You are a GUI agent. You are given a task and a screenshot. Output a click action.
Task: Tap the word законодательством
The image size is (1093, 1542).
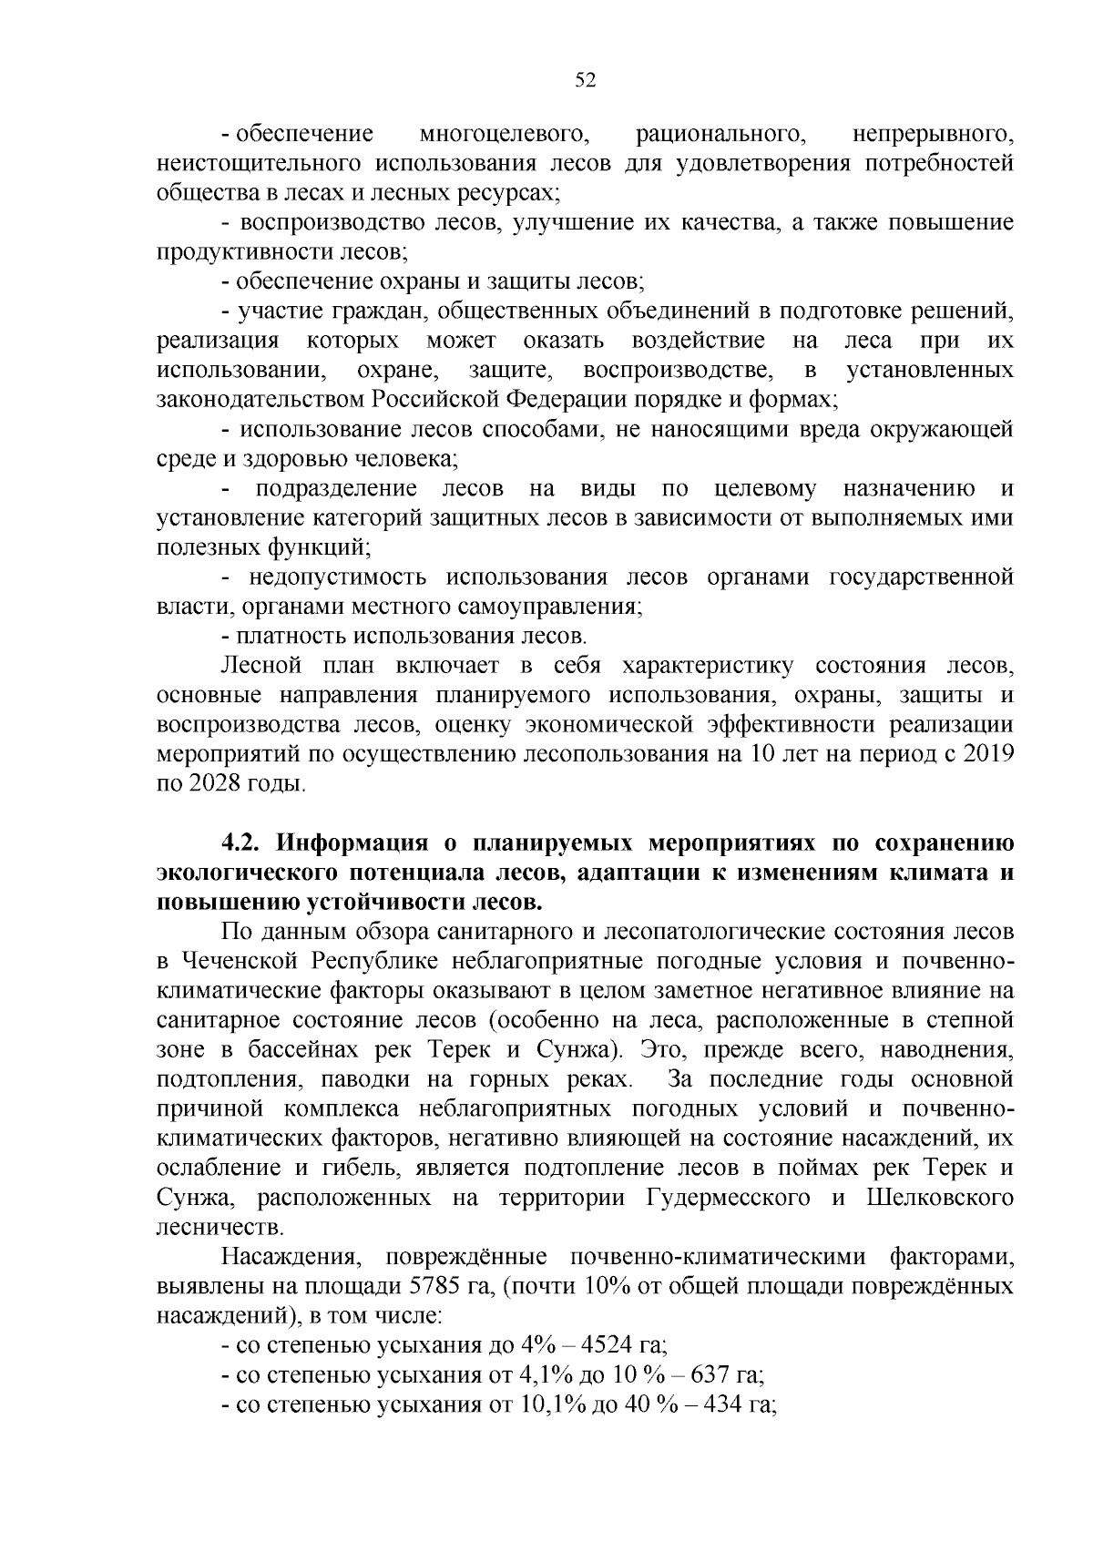click(262, 400)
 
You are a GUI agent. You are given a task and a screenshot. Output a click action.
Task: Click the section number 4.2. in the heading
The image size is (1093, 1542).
click(244, 843)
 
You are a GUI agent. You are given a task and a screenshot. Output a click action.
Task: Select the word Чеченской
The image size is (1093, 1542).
click(242, 962)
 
